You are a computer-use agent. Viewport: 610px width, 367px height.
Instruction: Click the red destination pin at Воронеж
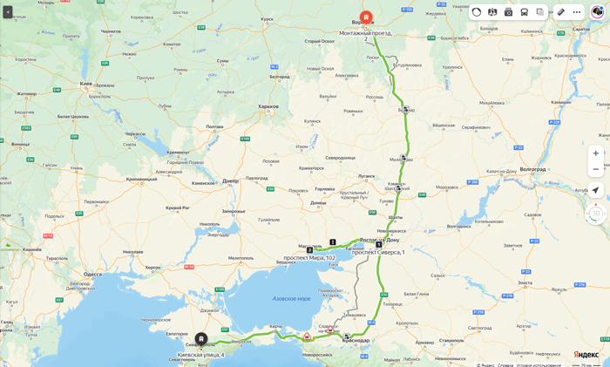[x=366, y=17]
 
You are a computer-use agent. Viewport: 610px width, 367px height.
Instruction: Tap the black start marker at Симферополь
[x=201, y=339]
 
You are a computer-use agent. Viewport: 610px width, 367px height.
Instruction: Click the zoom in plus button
[x=596, y=153]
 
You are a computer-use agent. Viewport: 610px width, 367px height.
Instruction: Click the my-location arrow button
[x=596, y=190]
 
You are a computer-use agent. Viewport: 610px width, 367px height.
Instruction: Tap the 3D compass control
[x=596, y=213]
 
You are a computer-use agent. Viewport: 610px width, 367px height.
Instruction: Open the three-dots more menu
[x=577, y=12]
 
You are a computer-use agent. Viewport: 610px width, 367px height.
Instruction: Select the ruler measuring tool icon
[x=561, y=12]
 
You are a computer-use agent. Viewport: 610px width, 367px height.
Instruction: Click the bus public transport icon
[x=525, y=12]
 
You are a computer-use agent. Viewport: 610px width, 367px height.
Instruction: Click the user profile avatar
[x=598, y=12]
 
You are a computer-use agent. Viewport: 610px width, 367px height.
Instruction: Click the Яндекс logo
[x=586, y=354]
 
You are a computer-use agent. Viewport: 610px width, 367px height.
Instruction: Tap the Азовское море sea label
[x=291, y=298]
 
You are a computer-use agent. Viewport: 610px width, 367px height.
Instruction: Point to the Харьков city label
[x=268, y=106]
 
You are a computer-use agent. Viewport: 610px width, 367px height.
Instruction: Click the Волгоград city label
[x=532, y=169]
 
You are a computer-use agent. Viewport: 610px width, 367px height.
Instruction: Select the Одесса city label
[x=93, y=274]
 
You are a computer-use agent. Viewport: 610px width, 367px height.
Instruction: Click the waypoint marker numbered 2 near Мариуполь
[x=309, y=250]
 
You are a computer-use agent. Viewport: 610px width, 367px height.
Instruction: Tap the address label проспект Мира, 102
[x=308, y=258]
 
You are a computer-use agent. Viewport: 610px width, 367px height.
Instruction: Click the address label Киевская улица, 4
[x=201, y=355]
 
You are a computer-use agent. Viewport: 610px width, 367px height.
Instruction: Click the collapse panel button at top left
[x=8, y=12]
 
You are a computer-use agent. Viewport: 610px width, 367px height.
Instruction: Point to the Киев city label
[x=85, y=84]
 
